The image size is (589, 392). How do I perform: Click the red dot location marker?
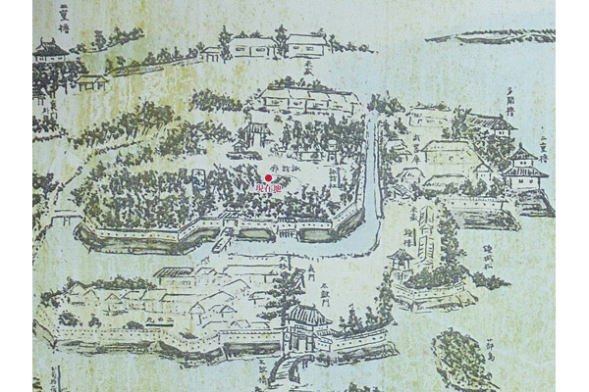click(268, 177)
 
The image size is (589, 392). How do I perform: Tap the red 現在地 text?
click(268, 188)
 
